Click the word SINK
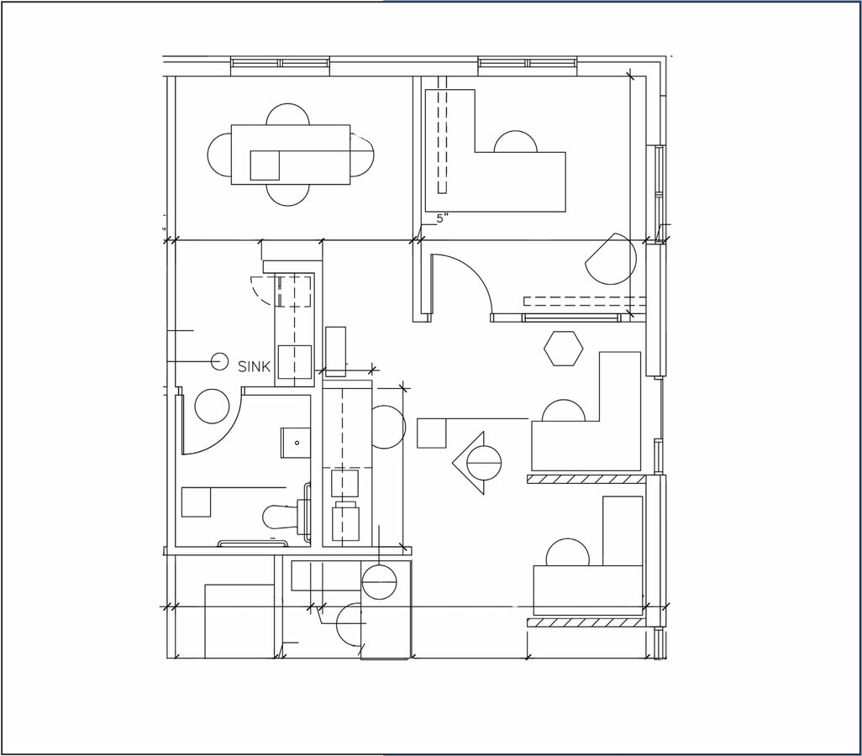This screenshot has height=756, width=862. pos(255,366)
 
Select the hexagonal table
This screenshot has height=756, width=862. pos(563,349)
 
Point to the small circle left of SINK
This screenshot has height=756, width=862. pos(219,361)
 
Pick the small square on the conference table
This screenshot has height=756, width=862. pos(265,165)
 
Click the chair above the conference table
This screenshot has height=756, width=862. pos(288,114)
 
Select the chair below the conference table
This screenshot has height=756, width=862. pos(288,195)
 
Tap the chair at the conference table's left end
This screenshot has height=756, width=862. pos(219,155)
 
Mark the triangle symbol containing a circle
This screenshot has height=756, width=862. pos(476,463)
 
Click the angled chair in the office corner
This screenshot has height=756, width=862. pos(612,259)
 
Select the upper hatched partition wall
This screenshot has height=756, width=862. pos(586,479)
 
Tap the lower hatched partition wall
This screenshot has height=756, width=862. pos(586,622)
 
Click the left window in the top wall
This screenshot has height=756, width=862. pos(280,62)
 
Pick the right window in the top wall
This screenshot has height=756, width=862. pos(527,62)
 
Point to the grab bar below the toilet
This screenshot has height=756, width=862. pos(252,543)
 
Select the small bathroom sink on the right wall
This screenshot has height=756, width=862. pos(295,442)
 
